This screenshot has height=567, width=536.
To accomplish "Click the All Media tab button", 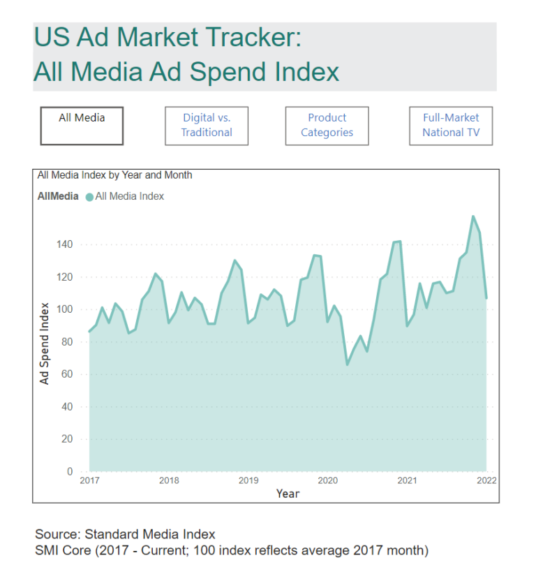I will click(82, 126).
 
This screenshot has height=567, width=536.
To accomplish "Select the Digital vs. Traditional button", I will click(207, 126).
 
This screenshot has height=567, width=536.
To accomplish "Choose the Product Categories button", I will click(327, 126).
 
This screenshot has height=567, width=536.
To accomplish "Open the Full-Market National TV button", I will click(451, 126).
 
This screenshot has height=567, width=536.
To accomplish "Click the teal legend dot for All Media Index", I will click(89, 197).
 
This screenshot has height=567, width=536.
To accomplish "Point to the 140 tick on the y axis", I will click(64, 244).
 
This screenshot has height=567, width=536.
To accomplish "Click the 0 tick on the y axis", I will click(70, 472).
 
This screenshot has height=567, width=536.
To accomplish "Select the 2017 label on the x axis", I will click(89, 480).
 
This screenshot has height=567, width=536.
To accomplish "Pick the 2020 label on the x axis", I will click(328, 480).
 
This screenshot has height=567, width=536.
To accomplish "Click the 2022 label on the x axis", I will click(486, 480).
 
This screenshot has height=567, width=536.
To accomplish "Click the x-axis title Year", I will click(288, 494).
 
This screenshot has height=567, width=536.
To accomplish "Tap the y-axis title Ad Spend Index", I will click(45, 344).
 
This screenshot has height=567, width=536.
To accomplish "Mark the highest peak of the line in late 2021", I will click(473, 216).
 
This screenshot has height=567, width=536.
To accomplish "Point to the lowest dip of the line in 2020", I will click(347, 364).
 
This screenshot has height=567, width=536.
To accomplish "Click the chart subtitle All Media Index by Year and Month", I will click(114, 175).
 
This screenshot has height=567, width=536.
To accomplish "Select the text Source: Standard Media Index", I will click(125, 535).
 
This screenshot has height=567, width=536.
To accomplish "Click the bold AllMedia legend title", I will click(58, 197).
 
